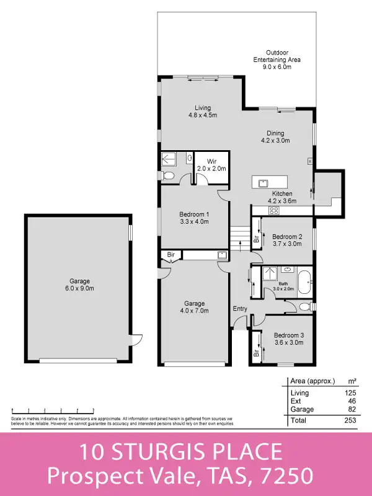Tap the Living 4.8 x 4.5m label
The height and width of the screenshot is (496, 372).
click(202, 111)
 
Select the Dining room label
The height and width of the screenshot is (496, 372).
click(275, 137)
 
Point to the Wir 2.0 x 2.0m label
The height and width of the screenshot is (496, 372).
click(211, 165)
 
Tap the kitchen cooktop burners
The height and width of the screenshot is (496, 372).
click(273, 211)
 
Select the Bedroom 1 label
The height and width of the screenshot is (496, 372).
click(195, 218)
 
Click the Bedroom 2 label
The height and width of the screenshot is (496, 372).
click(287, 241)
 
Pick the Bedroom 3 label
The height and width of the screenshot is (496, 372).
click(289, 339)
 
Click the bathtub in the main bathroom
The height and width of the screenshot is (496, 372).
click(304, 282)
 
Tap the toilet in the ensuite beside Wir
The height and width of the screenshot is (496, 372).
click(168, 176)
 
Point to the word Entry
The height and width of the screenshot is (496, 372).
click(240, 309)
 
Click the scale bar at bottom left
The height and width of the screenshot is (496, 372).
click(53, 410)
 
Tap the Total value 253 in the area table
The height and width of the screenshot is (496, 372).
click(349, 421)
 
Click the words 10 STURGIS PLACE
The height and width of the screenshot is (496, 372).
click(180, 451)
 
